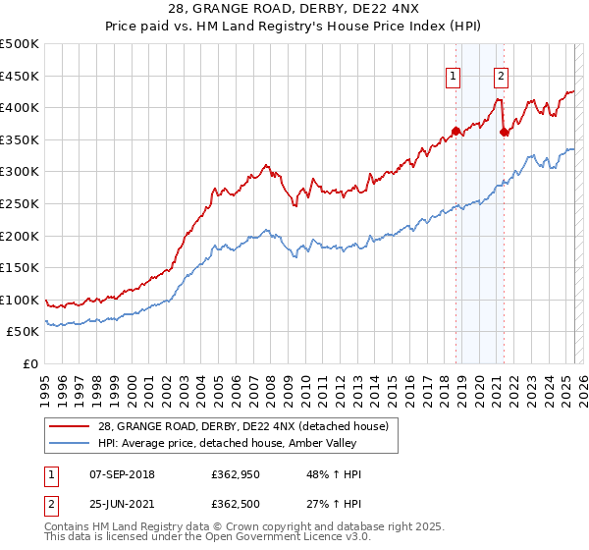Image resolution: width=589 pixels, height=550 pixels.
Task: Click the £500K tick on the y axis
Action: coord(20,44)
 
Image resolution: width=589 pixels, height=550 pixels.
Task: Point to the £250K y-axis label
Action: coord(20,203)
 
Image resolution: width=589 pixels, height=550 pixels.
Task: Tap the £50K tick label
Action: coord(24,332)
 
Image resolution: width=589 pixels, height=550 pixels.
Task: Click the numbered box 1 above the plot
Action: coord(454,78)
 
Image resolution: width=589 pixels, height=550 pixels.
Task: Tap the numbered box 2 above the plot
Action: coord(501,78)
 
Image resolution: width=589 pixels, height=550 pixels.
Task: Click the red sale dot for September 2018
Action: coord(455,131)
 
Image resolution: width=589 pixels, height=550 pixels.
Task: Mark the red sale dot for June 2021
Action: coord(504,132)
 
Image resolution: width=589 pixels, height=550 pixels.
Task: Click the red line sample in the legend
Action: coord(70,425)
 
